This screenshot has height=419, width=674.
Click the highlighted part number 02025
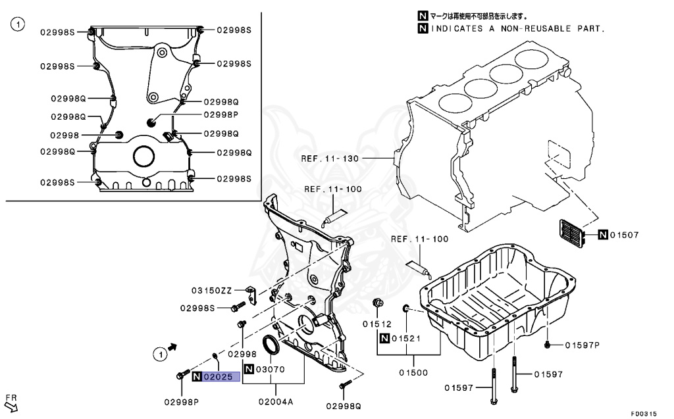(217, 377)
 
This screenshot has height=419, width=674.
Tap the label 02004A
(275, 401)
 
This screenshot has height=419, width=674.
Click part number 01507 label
(624, 235)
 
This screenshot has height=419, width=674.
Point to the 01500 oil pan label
(413, 372)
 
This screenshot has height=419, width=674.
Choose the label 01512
(376, 324)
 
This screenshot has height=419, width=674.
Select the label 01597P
(581, 345)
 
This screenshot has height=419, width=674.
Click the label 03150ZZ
(212, 290)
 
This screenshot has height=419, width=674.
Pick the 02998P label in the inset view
(220, 114)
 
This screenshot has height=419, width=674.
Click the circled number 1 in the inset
(18, 26)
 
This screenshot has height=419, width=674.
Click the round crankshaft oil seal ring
(271, 346)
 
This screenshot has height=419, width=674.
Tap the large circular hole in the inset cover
(143, 157)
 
